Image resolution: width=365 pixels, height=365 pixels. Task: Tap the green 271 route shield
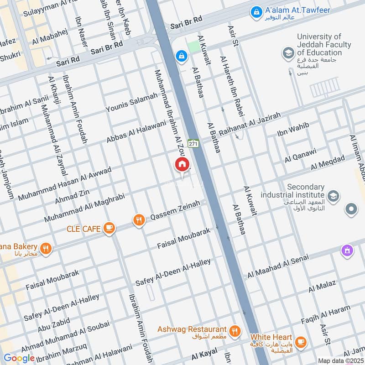[x=193, y=143]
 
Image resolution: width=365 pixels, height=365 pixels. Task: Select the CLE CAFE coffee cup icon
[x=109, y=228]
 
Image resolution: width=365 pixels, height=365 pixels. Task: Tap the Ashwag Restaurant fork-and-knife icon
[x=235, y=332]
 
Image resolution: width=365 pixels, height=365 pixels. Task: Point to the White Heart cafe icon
[x=301, y=341]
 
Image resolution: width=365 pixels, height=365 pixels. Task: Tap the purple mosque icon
[x=347, y=250]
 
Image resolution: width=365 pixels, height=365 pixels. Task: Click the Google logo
[x=19, y=358]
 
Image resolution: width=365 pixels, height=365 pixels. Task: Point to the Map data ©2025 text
[x=341, y=360]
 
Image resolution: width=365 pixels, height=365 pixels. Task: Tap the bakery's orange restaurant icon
[x=45, y=249]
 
